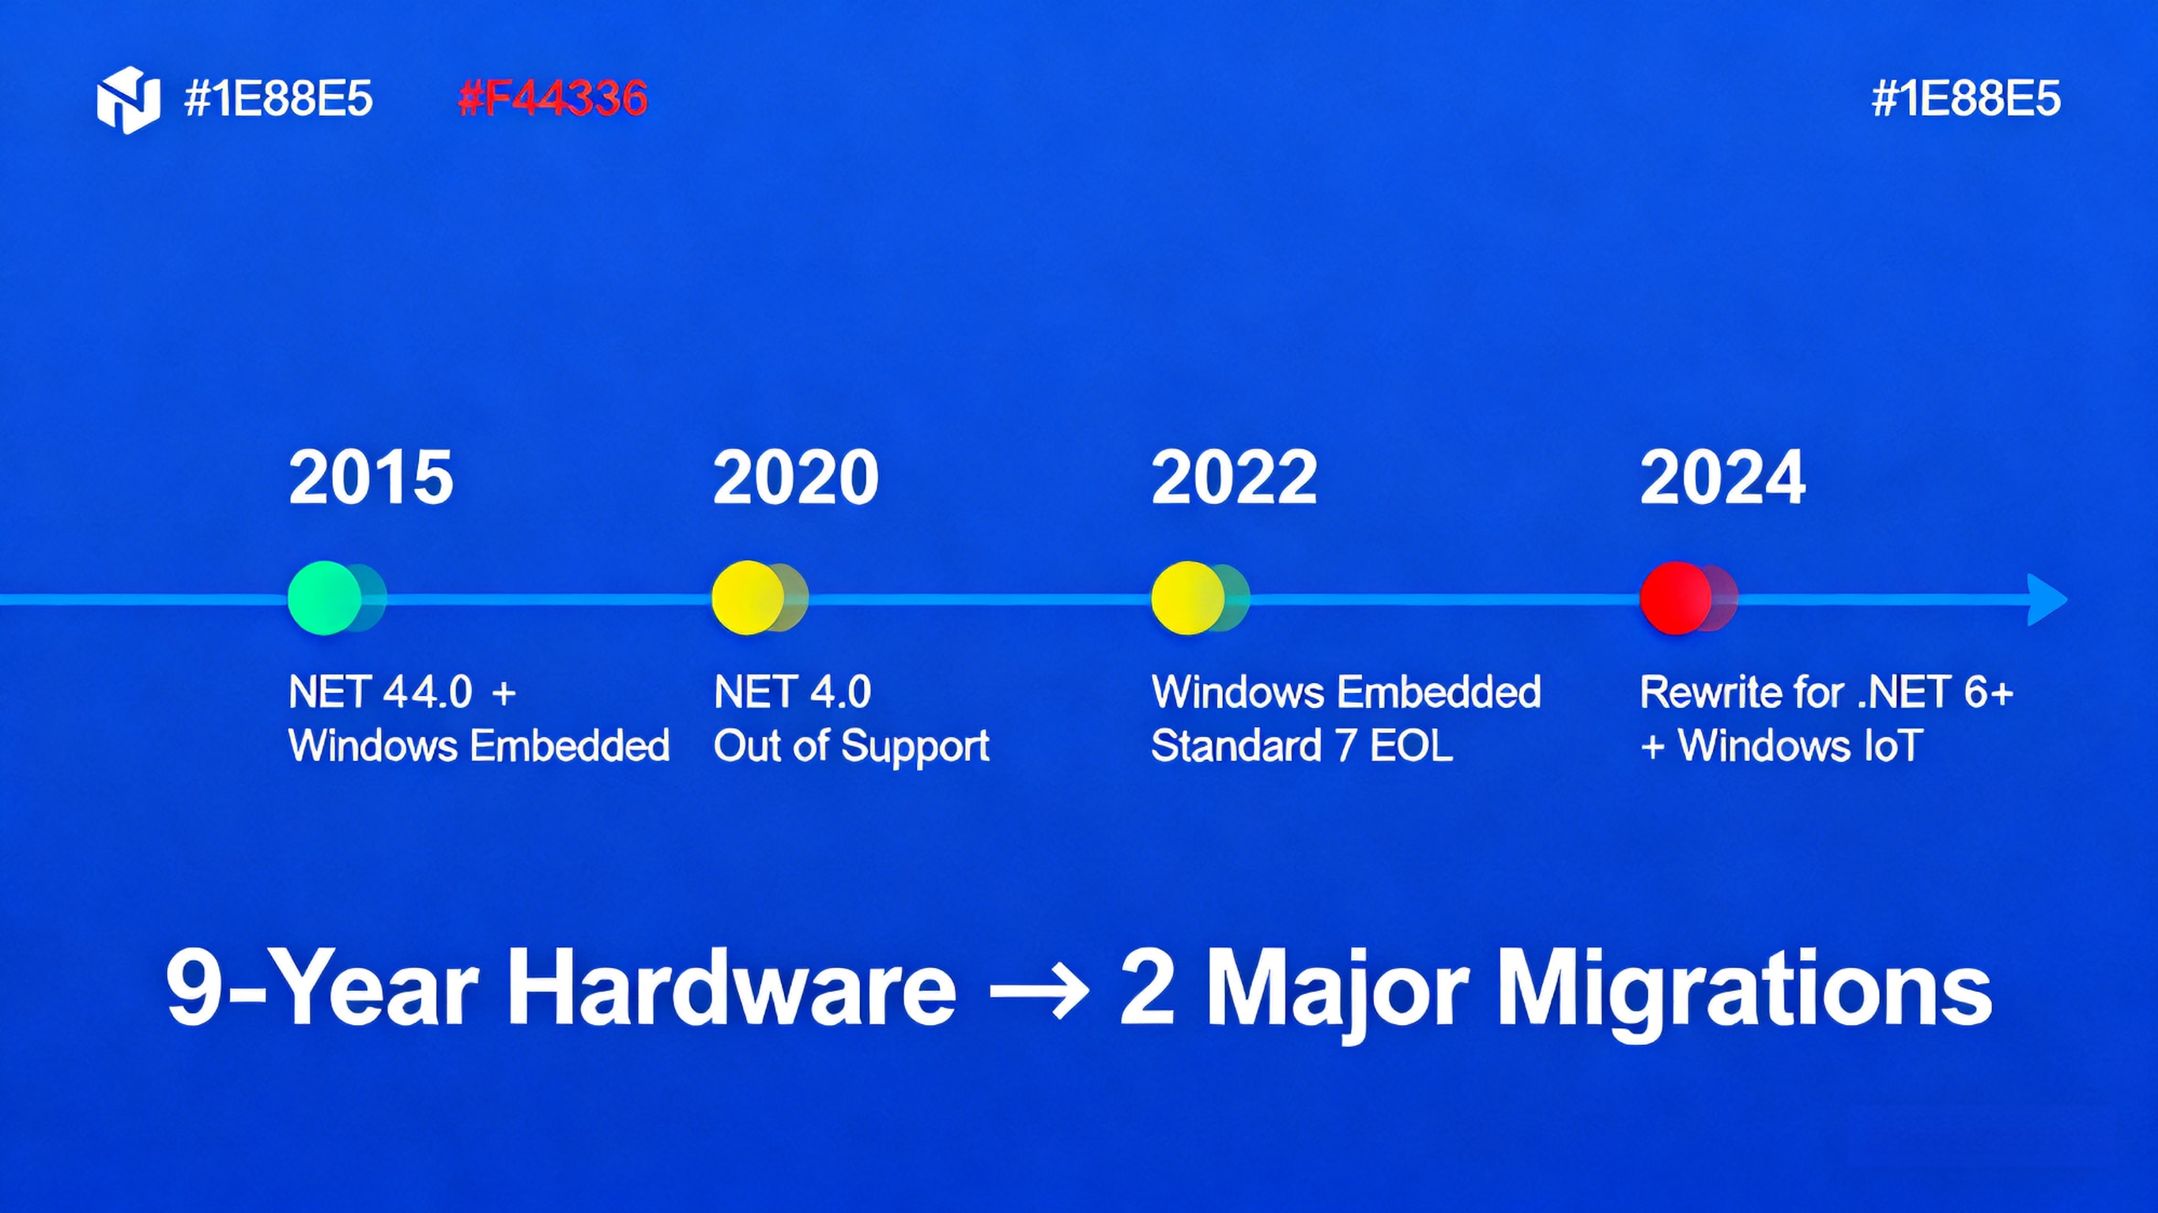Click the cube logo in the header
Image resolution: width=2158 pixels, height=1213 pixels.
click(x=128, y=99)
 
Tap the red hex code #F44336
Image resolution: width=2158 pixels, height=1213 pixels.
click(x=553, y=99)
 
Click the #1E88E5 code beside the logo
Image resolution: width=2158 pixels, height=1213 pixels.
click(x=278, y=99)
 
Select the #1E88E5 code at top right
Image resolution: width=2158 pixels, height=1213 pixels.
click(x=1965, y=99)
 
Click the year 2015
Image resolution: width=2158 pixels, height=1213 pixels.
click(x=371, y=477)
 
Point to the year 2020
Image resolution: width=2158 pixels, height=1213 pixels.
click(x=795, y=477)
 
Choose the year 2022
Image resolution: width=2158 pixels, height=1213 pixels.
click(x=1234, y=477)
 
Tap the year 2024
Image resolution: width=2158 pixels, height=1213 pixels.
click(x=1722, y=477)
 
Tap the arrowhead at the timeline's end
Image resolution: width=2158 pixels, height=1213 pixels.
click(x=2046, y=600)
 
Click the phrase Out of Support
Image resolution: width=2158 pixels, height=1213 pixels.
click(x=851, y=745)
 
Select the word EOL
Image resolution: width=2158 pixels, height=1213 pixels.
click(x=1412, y=745)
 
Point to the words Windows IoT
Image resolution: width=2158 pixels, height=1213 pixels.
click(x=1799, y=745)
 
